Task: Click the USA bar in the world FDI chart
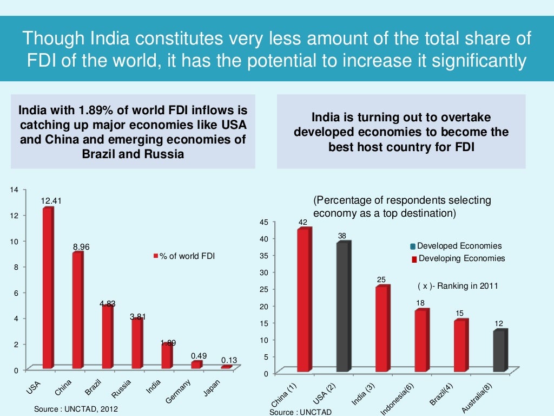(48, 288)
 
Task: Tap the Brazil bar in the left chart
(107, 336)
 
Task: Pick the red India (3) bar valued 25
(382, 328)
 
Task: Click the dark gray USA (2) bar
(343, 307)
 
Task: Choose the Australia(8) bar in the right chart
(500, 350)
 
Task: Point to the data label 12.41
(51, 201)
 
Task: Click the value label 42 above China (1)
(303, 222)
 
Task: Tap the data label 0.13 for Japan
(229, 360)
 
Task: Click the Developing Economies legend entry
(461, 258)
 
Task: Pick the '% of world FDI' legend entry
(186, 256)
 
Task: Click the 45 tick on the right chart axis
(264, 222)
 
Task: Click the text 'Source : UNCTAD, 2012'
(76, 409)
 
